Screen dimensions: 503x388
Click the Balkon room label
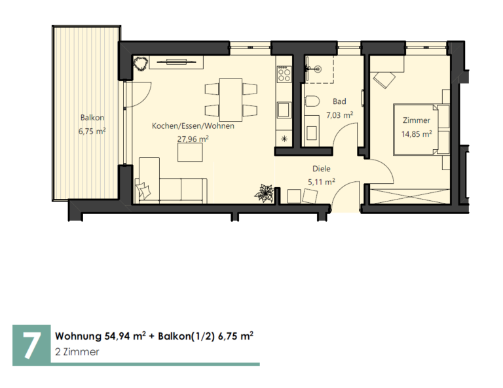click(x=92, y=118)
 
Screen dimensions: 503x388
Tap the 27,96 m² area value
click(x=193, y=139)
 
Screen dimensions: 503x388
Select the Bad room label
click(x=339, y=101)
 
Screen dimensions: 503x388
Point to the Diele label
click(x=322, y=169)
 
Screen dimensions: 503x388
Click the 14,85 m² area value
click(x=417, y=133)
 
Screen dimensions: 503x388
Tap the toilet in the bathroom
click(x=312, y=101)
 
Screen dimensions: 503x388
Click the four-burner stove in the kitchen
click(x=284, y=74)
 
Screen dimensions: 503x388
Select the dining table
click(x=231, y=98)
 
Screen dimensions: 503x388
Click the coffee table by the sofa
click(x=190, y=152)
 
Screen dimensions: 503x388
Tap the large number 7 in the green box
click(x=31, y=345)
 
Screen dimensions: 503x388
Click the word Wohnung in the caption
click(x=79, y=336)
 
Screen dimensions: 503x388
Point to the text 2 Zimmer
click(x=77, y=352)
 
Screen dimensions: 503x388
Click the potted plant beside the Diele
click(x=264, y=193)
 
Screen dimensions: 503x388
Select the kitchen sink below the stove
click(x=284, y=110)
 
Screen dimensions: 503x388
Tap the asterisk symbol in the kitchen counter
click(x=284, y=139)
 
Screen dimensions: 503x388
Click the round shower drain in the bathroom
click(x=318, y=69)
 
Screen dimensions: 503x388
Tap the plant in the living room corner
click(x=141, y=63)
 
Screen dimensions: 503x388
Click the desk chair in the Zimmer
click(x=384, y=79)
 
